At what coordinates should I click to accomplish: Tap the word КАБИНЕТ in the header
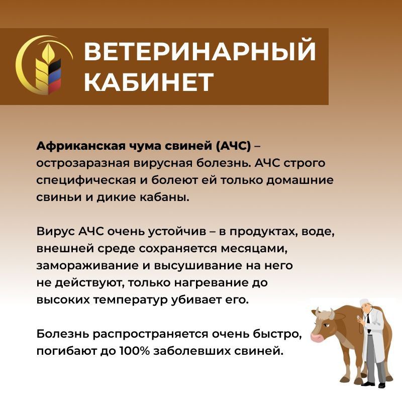tap(149, 81)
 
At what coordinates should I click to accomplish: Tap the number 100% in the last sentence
tap(134, 351)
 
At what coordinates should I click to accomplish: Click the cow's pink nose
tap(318, 337)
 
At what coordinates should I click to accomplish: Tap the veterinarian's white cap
tap(364, 302)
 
